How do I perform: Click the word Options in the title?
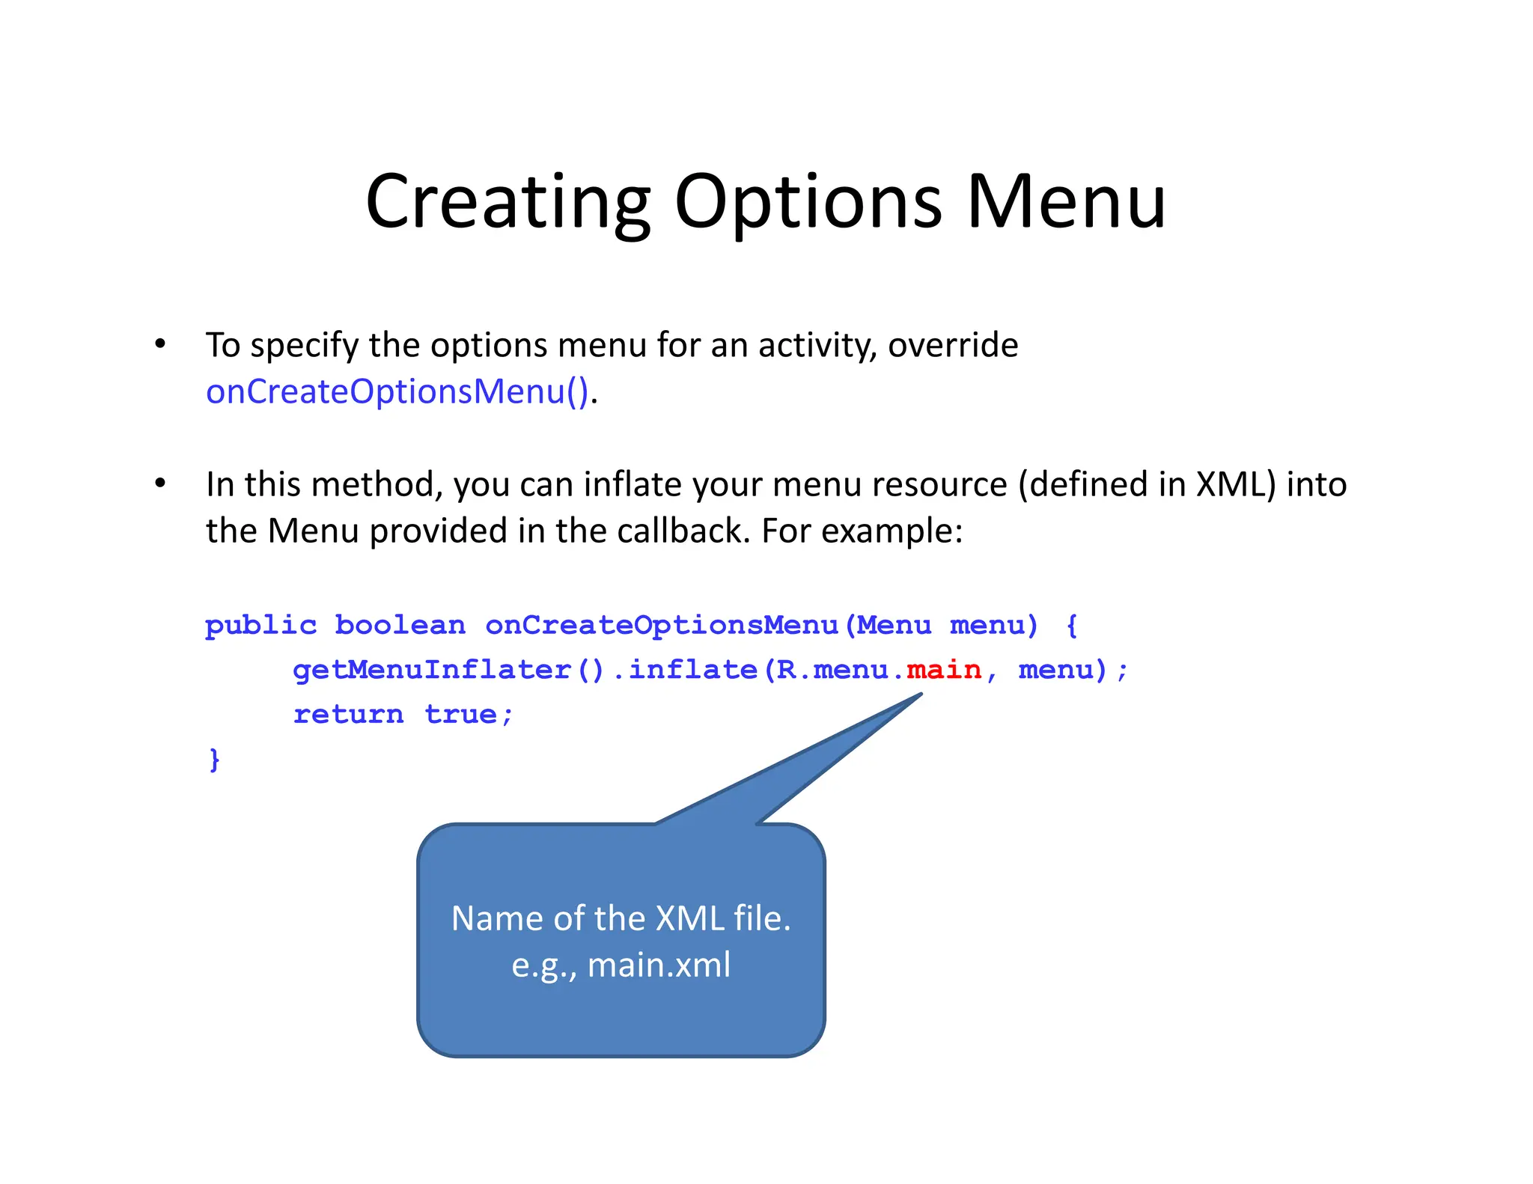pyautogui.click(x=808, y=202)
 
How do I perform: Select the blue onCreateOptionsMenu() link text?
pyautogui.click(x=397, y=391)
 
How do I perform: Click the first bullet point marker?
pyautogui.click(x=159, y=344)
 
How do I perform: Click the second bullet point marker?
pyautogui.click(x=159, y=483)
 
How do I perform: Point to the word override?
pyautogui.click(x=952, y=345)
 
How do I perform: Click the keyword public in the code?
pyautogui.click(x=260, y=625)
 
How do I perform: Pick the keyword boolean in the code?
pyautogui.click(x=400, y=625)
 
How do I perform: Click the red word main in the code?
pyautogui.click(x=943, y=669)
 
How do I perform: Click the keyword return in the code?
pyautogui.click(x=348, y=714)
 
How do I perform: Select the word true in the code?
pyautogui.click(x=460, y=714)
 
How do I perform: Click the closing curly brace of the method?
pyautogui.click(x=214, y=759)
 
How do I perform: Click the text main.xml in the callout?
pyautogui.click(x=659, y=965)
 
